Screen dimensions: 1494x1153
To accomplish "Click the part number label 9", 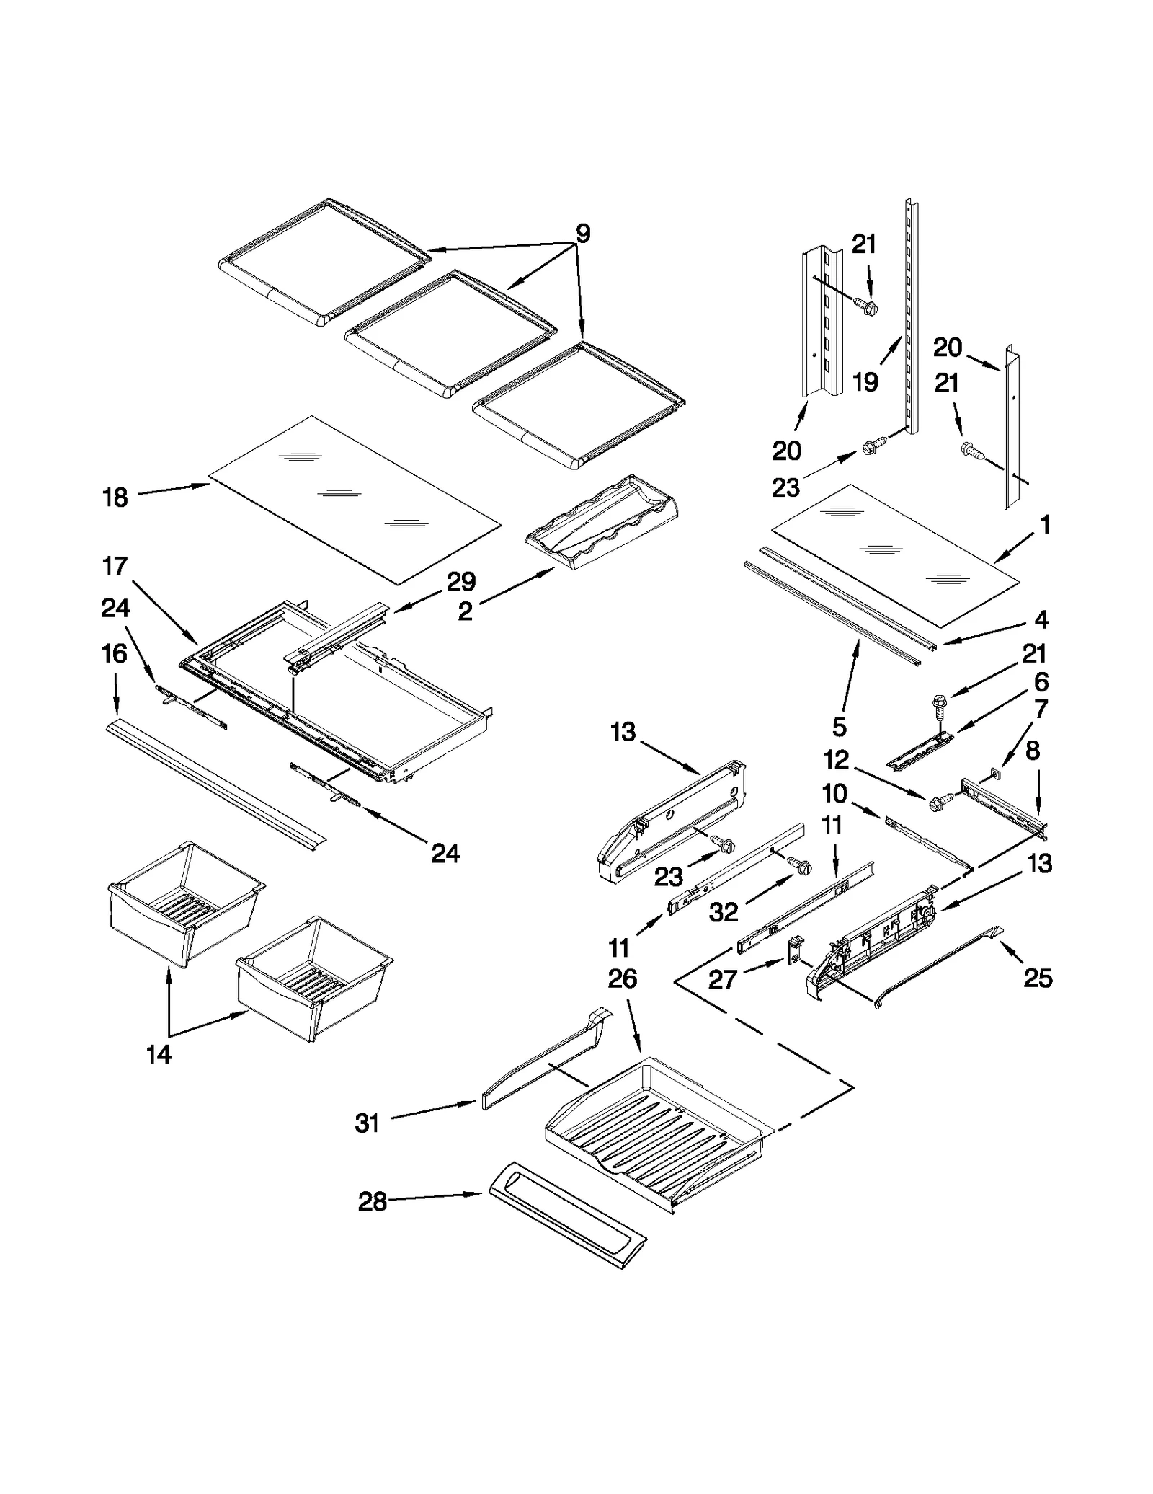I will click(583, 234).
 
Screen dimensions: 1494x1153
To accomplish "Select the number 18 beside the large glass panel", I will click(115, 498).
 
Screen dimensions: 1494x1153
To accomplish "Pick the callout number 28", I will click(373, 1202).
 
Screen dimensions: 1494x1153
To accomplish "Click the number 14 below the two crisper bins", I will click(159, 1054).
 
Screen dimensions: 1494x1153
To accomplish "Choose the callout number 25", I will click(1038, 978).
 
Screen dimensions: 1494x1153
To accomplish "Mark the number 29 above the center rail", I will click(461, 581).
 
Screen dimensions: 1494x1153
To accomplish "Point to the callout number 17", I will click(115, 566).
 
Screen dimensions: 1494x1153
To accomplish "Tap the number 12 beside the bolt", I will click(836, 760).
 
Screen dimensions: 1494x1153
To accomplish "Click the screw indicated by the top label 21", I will click(869, 308).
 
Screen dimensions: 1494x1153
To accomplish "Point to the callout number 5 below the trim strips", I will click(839, 728).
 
